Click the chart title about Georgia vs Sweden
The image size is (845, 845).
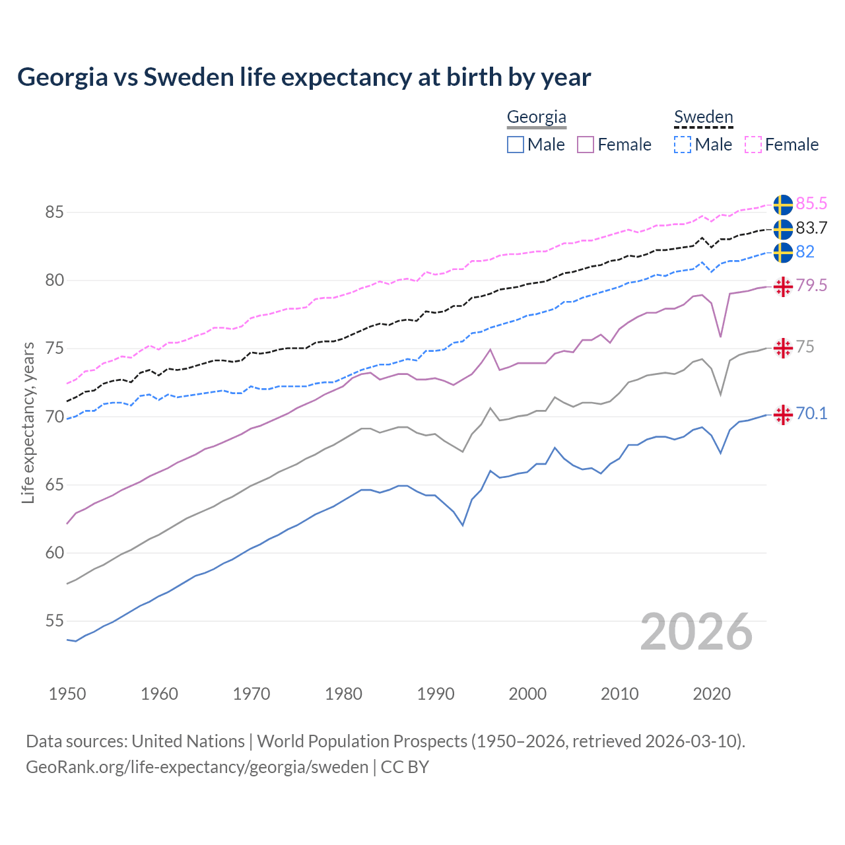pyautogui.click(x=304, y=77)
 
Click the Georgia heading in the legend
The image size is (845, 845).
pyautogui.click(x=536, y=118)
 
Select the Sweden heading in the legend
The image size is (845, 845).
pyautogui.click(x=703, y=118)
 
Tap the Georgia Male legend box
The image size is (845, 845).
pyautogui.click(x=516, y=145)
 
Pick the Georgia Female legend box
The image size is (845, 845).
pyautogui.click(x=586, y=145)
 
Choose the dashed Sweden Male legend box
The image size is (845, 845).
pyautogui.click(x=683, y=145)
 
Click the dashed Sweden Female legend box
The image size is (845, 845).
pyautogui.click(x=753, y=145)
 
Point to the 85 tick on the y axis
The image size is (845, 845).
pyautogui.click(x=54, y=213)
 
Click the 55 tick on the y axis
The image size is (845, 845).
pyautogui.click(x=54, y=621)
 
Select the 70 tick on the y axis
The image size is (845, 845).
pyautogui.click(x=54, y=417)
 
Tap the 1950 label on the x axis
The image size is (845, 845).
pyautogui.click(x=67, y=694)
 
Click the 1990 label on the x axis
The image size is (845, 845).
pyautogui.click(x=436, y=694)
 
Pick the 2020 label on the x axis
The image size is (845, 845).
pyautogui.click(x=712, y=694)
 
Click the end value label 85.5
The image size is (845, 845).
pyautogui.click(x=811, y=204)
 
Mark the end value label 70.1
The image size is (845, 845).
pyautogui.click(x=811, y=414)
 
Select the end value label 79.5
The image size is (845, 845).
pyautogui.click(x=811, y=286)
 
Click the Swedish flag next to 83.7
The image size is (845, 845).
pyautogui.click(x=783, y=229)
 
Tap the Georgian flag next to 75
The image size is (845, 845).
pyautogui.click(x=783, y=348)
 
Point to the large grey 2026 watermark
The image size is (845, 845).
pyautogui.click(x=696, y=632)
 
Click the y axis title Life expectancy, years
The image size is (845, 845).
pyautogui.click(x=28, y=422)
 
